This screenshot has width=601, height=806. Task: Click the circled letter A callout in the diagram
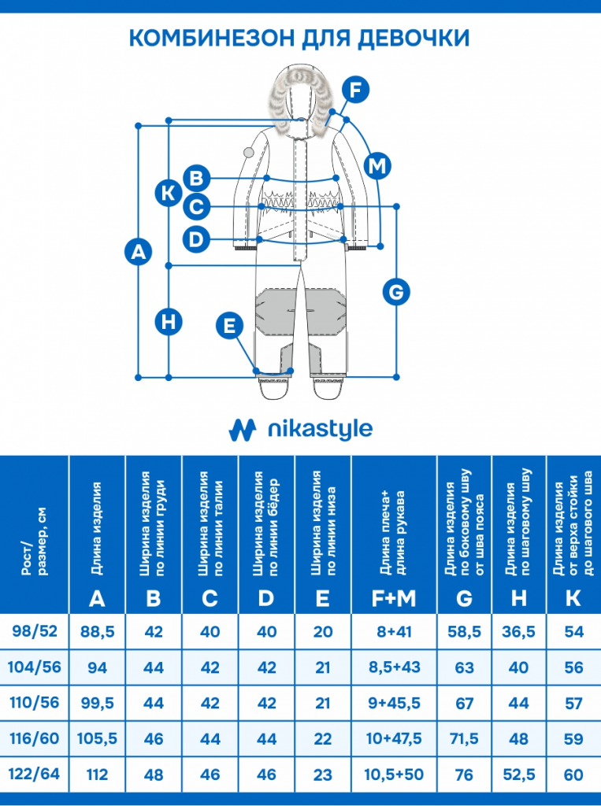139,252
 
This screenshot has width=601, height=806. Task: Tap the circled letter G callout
396,292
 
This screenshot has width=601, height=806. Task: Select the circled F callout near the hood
356,91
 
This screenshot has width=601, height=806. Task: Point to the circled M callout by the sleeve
378,166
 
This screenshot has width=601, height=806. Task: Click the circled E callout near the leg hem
229,325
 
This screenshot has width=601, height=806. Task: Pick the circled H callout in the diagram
169,321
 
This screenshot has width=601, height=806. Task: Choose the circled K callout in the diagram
169,192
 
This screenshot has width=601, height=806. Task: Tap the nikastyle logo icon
243,429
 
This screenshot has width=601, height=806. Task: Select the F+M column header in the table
394,598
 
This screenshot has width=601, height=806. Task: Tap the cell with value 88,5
98,631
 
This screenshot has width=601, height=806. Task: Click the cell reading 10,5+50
394,775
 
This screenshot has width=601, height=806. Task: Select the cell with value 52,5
518,775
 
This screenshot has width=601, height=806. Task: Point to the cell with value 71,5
464,738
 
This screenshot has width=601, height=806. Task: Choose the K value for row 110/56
573,703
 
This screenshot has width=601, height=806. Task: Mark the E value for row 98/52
322,631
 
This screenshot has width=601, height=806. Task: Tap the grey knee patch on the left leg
278,311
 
